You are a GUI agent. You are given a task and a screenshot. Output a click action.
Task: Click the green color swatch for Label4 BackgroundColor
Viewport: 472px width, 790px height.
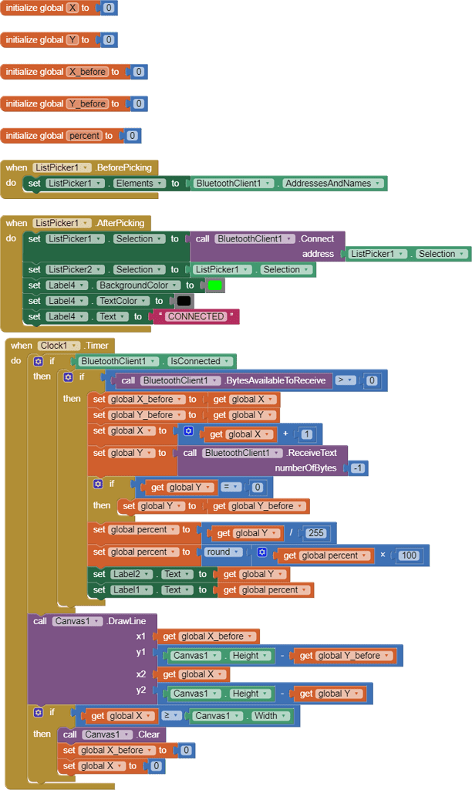coord(215,285)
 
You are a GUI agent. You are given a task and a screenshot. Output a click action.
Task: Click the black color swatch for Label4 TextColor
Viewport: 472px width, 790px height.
coord(184,301)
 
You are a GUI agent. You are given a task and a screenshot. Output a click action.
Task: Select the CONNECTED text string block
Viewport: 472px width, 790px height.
coord(196,316)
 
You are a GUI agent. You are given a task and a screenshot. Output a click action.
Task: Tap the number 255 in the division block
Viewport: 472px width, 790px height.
coord(315,533)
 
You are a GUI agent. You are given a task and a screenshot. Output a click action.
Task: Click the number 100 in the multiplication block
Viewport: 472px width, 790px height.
coord(409,555)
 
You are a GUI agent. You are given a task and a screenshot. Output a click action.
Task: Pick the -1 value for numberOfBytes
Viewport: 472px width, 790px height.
coord(358,468)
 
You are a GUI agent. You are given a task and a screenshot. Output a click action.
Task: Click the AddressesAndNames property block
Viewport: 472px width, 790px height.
coord(332,184)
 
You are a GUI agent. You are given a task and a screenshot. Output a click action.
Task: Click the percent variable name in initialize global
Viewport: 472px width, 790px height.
coord(83,136)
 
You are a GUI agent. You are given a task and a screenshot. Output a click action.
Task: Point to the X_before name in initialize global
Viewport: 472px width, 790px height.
coord(87,72)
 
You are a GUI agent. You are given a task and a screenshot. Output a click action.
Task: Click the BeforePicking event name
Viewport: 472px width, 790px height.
coord(124,167)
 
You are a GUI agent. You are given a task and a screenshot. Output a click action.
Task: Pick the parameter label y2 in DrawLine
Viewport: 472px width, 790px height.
coord(141,690)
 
